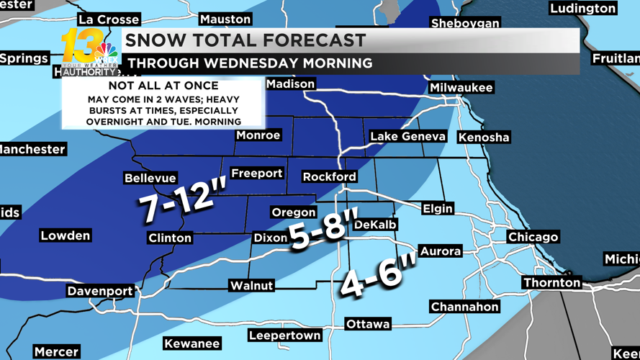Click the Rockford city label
tap(329, 176)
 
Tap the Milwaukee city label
tap(461, 88)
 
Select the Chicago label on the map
tap(533, 237)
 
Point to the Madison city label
tap(290, 84)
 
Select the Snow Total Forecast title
tap(245, 40)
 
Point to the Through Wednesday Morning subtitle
tap(250, 63)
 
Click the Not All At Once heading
tap(163, 86)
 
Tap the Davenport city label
tap(100, 291)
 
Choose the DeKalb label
tap(375, 225)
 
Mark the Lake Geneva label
tap(407, 136)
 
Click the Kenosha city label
tap(483, 137)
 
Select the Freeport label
tap(256, 174)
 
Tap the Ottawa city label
tap(367, 324)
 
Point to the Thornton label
tap(551, 283)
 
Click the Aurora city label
tap(440, 251)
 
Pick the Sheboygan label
tap(465, 24)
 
